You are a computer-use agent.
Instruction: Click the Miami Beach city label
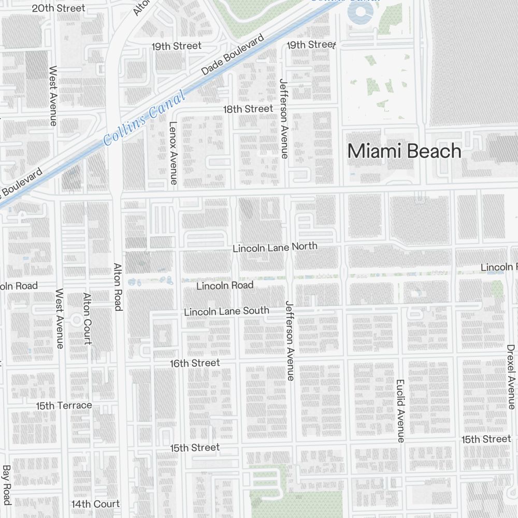404,151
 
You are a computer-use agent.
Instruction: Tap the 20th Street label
59,8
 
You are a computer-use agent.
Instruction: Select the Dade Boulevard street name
233,55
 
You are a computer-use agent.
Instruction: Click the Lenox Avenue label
174,153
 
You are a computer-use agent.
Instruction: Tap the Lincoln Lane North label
275,247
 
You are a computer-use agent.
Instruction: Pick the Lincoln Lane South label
226,311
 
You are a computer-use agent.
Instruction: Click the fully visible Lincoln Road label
225,285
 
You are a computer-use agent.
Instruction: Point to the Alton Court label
87,318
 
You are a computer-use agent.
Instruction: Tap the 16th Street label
195,363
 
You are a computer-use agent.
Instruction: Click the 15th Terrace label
64,405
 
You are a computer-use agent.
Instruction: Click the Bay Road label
6,485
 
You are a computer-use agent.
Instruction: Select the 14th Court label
95,503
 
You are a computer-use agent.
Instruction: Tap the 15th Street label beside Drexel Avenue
486,439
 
